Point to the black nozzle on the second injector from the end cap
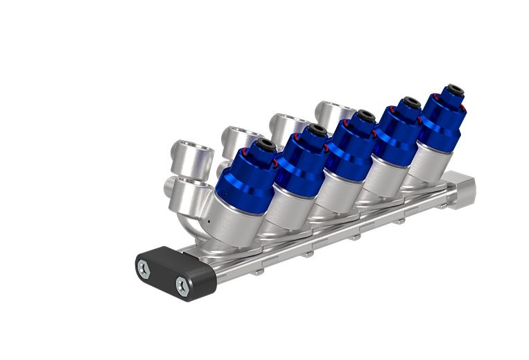point(317,130)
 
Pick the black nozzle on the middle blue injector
point(363,115)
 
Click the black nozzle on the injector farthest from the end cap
point(454,89)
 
